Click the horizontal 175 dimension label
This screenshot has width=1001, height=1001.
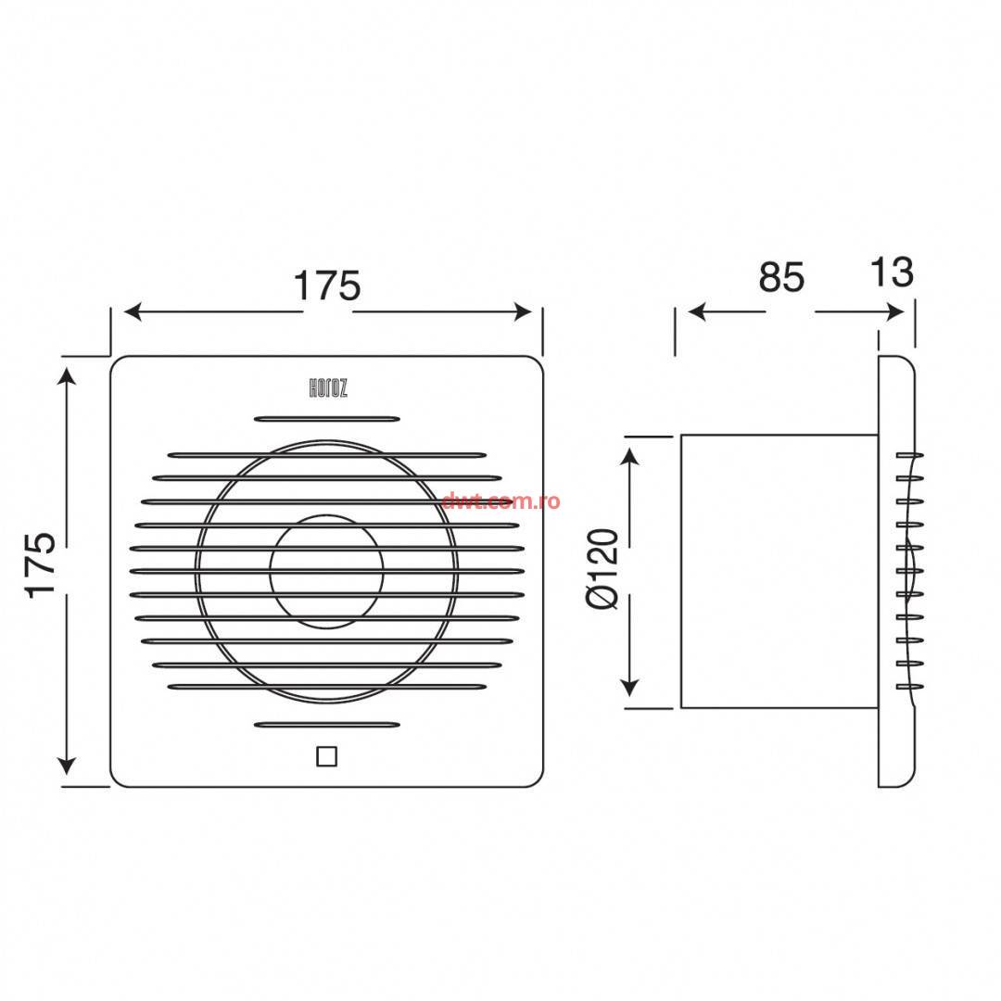(x=327, y=285)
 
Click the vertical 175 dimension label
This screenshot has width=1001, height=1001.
(x=41, y=564)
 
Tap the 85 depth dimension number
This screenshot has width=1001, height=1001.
(x=781, y=278)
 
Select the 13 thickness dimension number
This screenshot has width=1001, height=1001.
(x=892, y=272)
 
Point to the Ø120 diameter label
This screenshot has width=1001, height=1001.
(x=602, y=569)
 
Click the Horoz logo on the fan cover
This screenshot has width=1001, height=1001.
(x=328, y=387)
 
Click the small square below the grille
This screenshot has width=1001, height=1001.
(x=327, y=756)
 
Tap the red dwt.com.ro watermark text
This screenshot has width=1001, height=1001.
(x=500, y=501)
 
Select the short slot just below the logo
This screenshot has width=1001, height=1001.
(x=327, y=420)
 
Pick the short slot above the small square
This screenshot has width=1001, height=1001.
(x=327, y=725)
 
